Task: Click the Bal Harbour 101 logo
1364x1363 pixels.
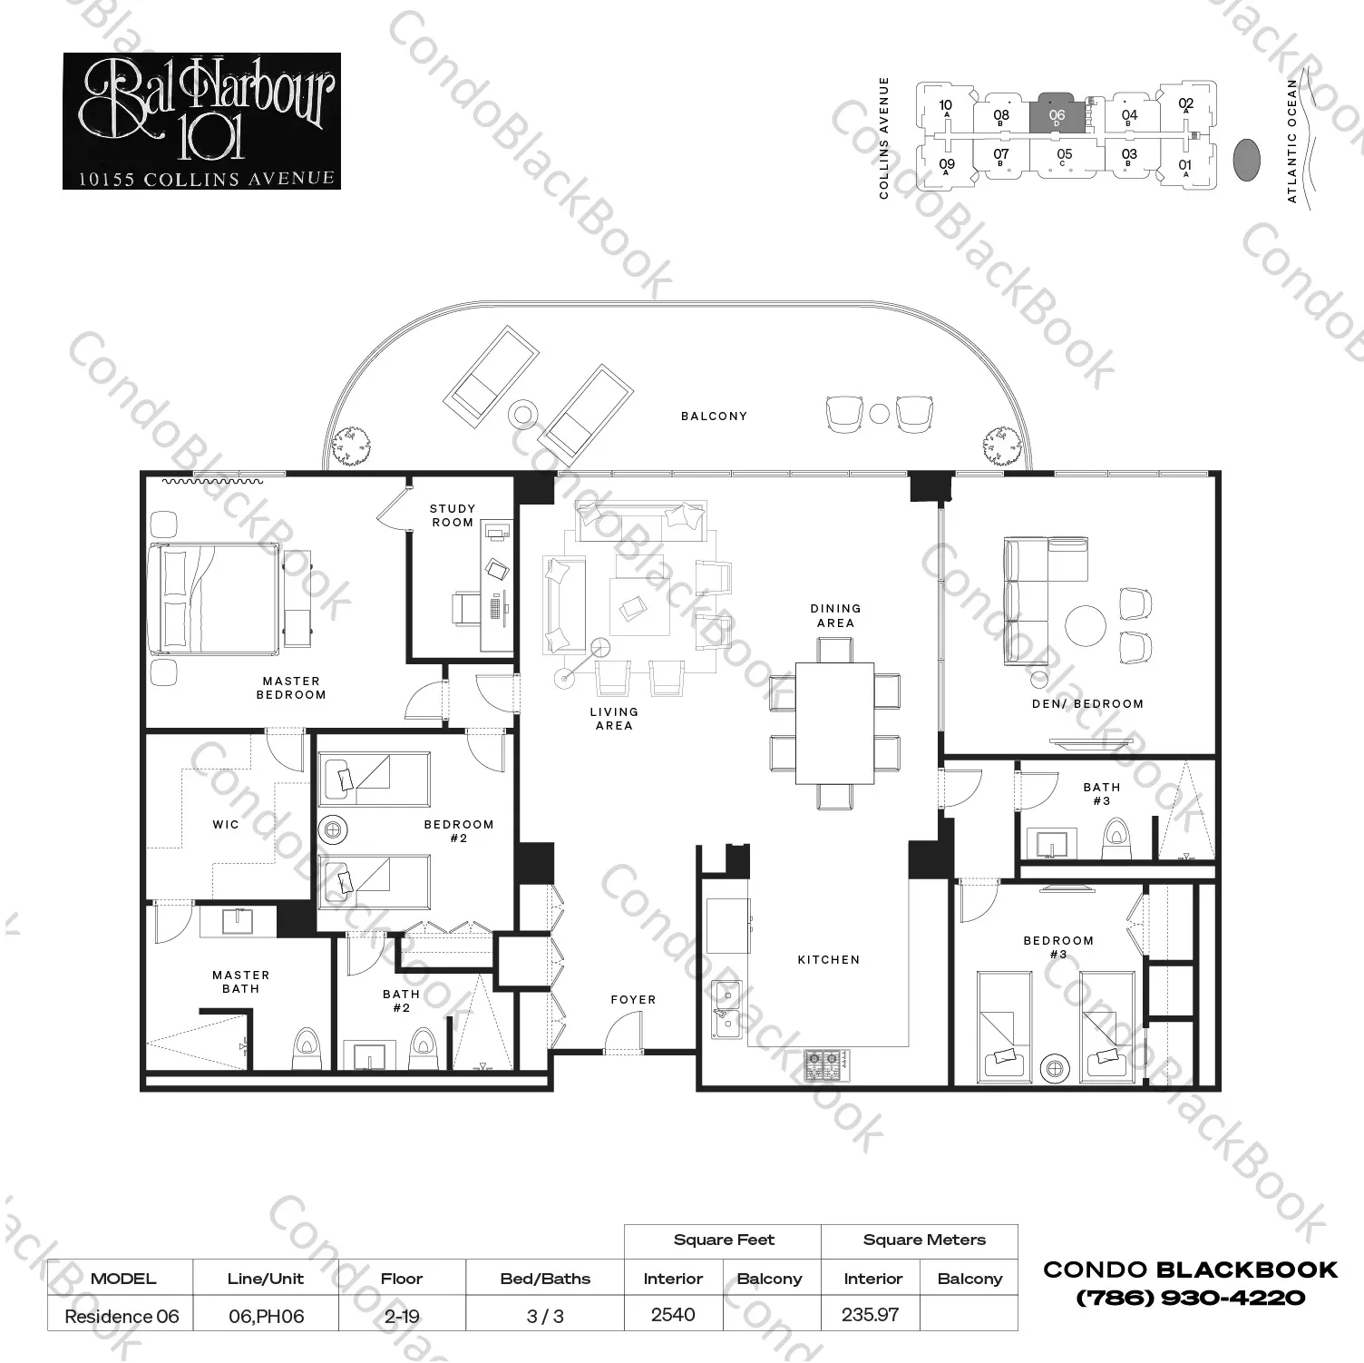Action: tap(201, 121)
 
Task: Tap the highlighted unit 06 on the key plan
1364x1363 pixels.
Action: tap(1057, 114)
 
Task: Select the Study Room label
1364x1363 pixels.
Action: tap(453, 515)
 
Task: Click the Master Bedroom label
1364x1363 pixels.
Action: tap(291, 688)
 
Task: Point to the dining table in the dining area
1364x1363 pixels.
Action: tap(834, 723)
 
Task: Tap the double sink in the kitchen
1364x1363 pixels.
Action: tap(726, 1009)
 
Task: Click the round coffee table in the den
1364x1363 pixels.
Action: tap(1085, 624)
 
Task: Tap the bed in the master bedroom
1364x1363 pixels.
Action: tap(214, 599)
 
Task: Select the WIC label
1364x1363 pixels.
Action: tap(226, 825)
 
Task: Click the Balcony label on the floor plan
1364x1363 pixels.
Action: tap(714, 417)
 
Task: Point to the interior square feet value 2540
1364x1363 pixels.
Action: tap(673, 1315)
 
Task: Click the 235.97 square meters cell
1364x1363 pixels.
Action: tap(870, 1315)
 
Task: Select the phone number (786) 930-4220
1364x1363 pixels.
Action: tap(1190, 1299)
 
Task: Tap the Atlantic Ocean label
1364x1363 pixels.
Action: tap(1292, 141)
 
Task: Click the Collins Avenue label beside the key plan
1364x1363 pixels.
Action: tap(884, 138)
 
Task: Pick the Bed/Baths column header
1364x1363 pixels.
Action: tap(545, 1279)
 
